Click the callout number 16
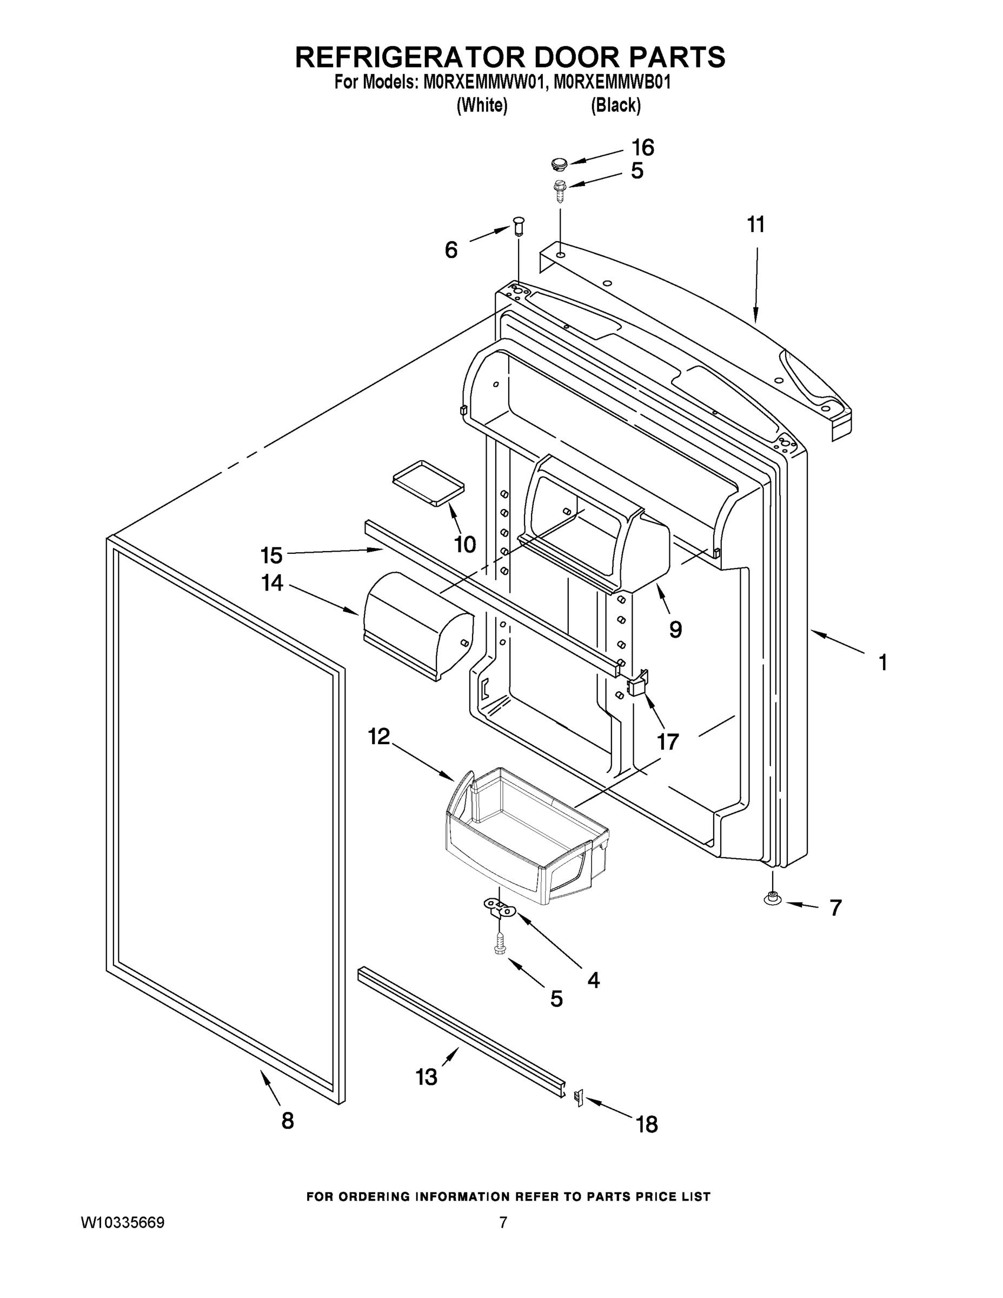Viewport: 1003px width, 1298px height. (642, 148)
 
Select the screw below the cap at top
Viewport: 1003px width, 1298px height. (559, 190)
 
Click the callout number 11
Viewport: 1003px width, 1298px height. (755, 225)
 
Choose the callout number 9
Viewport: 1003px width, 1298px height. (675, 630)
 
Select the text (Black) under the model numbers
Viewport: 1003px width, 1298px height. (615, 105)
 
